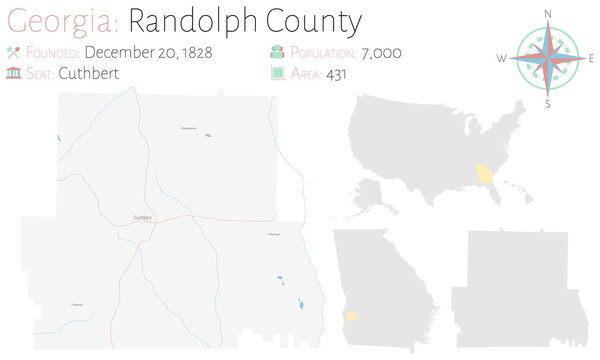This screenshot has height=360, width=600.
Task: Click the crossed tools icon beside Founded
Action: pos(14,52)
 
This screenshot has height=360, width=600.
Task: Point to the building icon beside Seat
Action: pos(14,72)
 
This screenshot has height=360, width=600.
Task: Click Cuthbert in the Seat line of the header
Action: pos(89,72)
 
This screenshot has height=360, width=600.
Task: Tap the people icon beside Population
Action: pos(276,52)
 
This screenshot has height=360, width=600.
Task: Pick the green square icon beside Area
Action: pos(276,72)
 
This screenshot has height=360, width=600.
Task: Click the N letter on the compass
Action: pos(548,12)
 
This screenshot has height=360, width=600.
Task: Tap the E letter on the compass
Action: pos(592,58)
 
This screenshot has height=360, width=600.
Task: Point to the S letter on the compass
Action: pos(548,103)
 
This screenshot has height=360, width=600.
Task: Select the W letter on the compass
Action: pos(502,58)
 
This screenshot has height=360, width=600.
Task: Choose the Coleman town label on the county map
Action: pos(77,304)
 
